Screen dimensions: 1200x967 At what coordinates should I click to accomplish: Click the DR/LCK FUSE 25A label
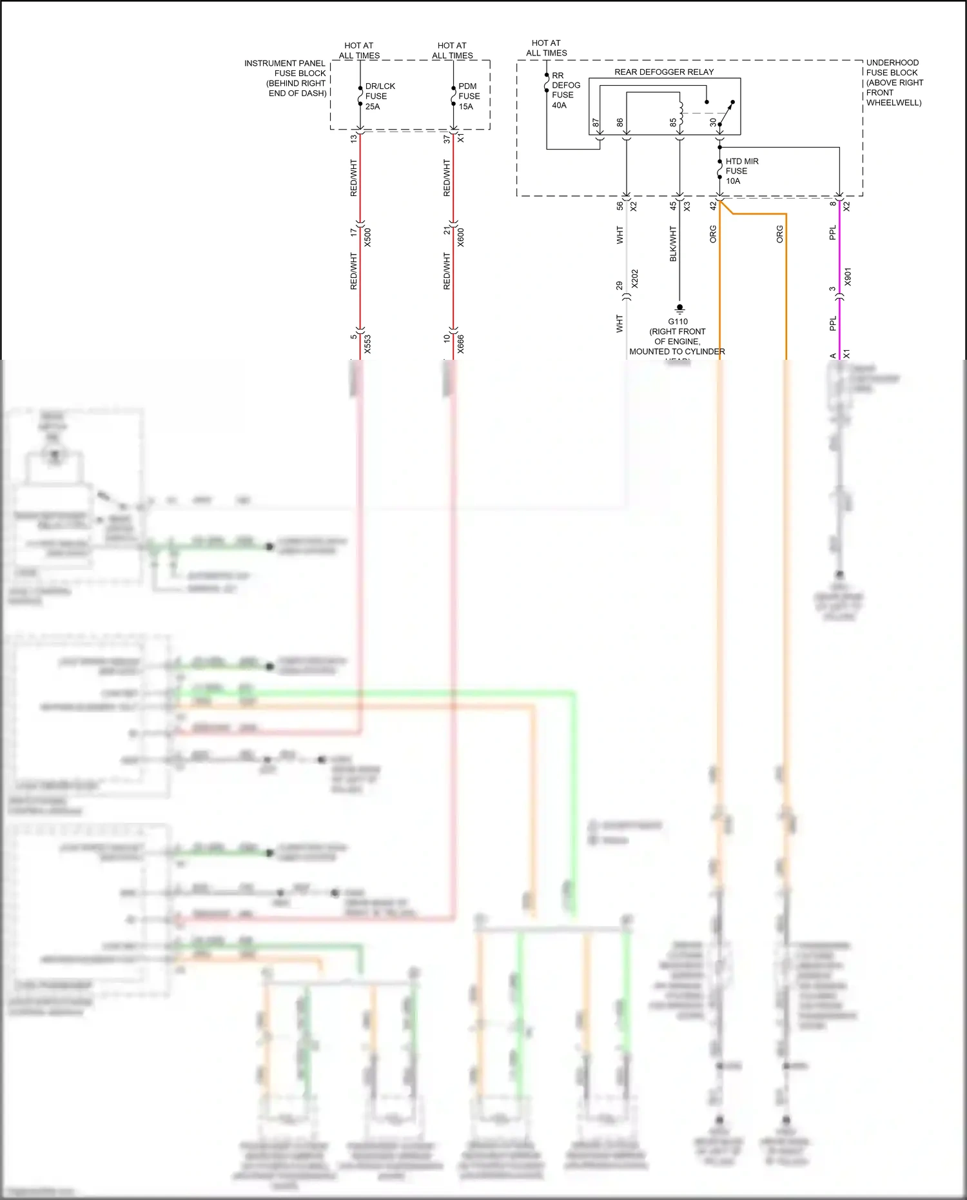(379, 96)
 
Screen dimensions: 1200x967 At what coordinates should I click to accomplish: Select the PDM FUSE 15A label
(469, 96)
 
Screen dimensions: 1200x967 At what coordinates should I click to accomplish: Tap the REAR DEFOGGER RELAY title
(663, 72)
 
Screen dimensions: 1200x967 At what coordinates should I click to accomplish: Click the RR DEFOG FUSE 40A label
(565, 90)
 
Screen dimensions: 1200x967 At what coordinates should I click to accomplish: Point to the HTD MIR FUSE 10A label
(741, 171)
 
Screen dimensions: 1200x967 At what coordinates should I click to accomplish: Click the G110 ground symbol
(679, 309)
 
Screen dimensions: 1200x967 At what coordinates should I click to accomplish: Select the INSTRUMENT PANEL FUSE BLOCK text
(286, 78)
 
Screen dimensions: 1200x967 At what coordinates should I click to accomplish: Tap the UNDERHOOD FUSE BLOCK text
(894, 83)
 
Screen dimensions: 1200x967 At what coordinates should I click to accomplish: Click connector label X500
(368, 237)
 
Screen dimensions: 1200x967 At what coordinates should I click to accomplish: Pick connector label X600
(461, 237)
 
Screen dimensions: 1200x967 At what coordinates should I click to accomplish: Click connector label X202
(635, 279)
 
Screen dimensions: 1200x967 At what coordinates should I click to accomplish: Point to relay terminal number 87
(596, 123)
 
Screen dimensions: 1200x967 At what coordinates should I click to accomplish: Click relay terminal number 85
(673, 123)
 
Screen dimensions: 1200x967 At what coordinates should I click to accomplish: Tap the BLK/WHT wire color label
(673, 244)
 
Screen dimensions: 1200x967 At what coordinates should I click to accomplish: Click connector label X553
(368, 344)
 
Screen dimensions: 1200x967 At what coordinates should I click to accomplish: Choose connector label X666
(461, 344)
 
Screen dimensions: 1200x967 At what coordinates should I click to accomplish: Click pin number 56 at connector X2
(620, 206)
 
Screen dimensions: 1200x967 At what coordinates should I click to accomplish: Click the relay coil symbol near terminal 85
(681, 110)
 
